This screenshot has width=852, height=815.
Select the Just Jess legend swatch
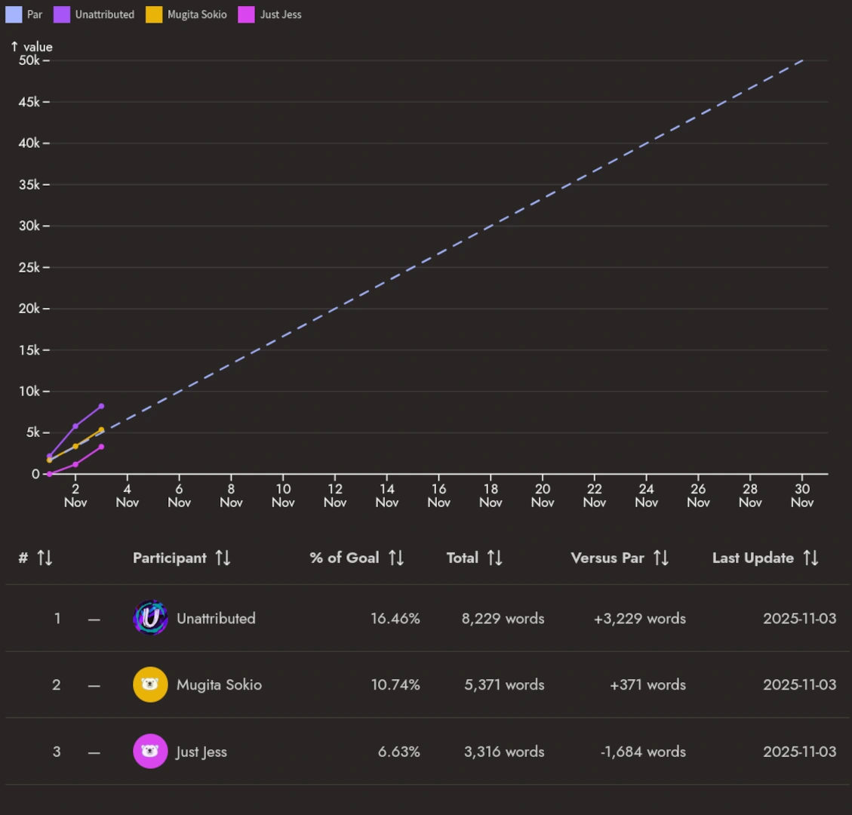(x=246, y=14)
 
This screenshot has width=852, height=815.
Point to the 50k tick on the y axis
(x=29, y=60)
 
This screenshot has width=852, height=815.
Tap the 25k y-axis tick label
(x=29, y=267)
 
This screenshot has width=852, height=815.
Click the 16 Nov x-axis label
(x=438, y=495)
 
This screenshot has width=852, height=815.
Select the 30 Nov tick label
(x=802, y=495)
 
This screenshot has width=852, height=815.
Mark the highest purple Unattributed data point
(x=101, y=406)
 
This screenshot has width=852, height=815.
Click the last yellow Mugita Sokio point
(x=101, y=430)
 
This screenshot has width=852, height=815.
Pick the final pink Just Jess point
(x=101, y=447)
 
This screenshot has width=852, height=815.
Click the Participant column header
(x=170, y=558)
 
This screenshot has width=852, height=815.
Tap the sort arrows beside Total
(x=495, y=558)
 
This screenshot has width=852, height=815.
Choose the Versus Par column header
(x=607, y=558)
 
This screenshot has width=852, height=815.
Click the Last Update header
(x=753, y=558)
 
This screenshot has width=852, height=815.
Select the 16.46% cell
(x=395, y=618)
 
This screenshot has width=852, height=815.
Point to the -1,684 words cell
(x=643, y=752)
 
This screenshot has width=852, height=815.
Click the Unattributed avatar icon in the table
(x=150, y=618)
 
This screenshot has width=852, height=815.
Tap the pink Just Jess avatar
(x=150, y=752)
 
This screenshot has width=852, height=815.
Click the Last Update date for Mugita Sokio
(x=799, y=684)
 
